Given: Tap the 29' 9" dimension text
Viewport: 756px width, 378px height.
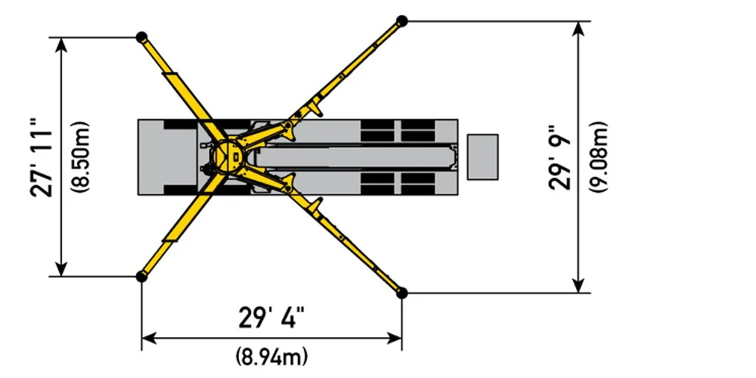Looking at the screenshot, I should coord(563,156).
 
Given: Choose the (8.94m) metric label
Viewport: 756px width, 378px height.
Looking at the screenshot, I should coord(272,354).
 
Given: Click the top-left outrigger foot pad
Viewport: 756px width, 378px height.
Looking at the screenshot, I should coord(141,37).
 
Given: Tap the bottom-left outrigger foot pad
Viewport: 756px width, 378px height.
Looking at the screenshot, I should coord(141,277).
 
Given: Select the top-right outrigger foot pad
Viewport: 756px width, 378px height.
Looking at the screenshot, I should coord(402,20).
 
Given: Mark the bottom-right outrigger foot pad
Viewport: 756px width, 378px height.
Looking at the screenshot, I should coord(402,293).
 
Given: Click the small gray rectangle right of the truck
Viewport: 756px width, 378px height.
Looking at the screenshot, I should coord(482,156).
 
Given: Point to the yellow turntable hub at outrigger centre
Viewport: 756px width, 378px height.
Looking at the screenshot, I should coord(225,156).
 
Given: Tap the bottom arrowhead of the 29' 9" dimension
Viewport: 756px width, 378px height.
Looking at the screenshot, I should coord(579,286).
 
